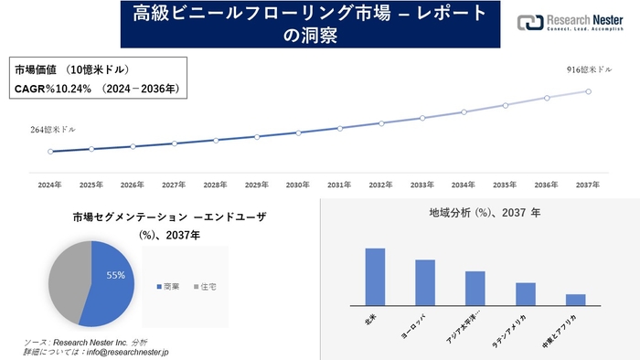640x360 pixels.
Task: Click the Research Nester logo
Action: [x=568, y=23]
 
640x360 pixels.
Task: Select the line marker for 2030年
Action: [x=298, y=132]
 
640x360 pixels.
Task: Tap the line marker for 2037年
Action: [x=588, y=91]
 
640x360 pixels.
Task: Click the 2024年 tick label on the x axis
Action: [x=50, y=185]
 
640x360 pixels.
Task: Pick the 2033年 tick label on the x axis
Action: [x=422, y=185]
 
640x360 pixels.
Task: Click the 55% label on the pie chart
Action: [x=115, y=275]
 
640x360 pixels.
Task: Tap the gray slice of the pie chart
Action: [x=67, y=281]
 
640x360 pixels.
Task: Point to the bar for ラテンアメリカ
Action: [x=525, y=293]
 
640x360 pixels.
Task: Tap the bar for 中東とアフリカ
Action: [x=575, y=299]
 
